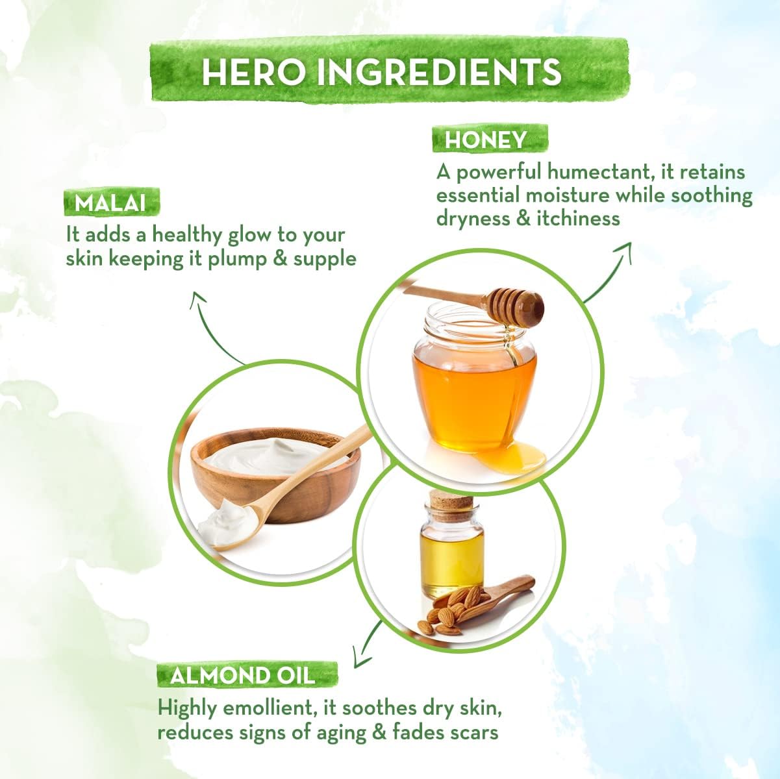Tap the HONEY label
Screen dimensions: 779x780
click(485, 140)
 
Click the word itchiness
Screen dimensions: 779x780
click(578, 218)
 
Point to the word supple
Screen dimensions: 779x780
click(325, 259)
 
